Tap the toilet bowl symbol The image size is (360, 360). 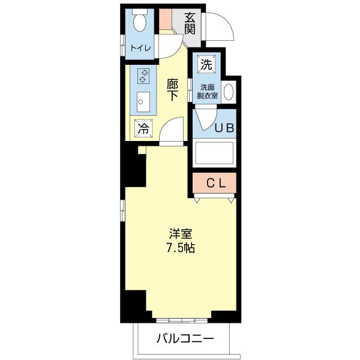[139, 23]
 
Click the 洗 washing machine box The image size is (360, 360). [206, 63]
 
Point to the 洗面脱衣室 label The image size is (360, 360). [209, 91]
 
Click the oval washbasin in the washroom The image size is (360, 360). [229, 92]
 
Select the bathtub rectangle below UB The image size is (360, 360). [214, 154]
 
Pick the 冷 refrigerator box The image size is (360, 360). [143, 127]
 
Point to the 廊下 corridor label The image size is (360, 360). [172, 90]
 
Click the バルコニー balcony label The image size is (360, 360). [185, 339]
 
